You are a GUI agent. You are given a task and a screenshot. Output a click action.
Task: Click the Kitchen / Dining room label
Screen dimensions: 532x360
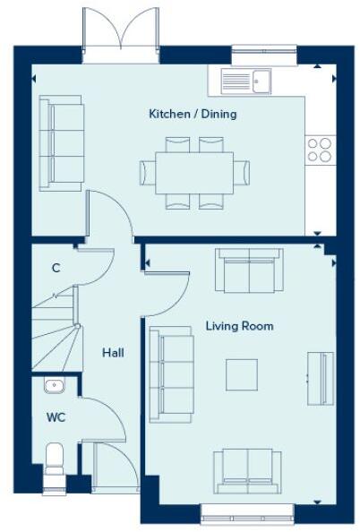(193, 115)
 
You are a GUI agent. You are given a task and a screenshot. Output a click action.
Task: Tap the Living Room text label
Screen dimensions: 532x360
(239, 326)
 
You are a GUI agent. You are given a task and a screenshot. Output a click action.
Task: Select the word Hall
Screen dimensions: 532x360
(113, 353)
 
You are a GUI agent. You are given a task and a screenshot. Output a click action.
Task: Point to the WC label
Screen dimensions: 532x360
(56, 417)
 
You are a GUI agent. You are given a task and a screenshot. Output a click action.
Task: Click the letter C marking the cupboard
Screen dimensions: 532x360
(56, 268)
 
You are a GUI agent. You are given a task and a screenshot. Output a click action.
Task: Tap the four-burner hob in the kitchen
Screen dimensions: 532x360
(318, 150)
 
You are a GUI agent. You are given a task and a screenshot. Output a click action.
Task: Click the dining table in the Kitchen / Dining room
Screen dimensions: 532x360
(193, 172)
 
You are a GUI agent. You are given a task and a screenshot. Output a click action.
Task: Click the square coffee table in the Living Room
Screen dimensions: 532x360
(241, 374)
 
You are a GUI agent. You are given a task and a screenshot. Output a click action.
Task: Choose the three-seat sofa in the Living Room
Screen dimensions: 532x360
(171, 374)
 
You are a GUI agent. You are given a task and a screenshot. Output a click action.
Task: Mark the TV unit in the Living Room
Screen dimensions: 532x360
(320, 377)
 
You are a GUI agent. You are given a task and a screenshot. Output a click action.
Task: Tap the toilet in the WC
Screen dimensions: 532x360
(55, 460)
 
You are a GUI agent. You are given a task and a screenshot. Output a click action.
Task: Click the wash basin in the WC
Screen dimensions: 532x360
(54, 386)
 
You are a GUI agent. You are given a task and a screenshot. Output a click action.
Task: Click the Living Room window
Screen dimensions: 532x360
(246, 513)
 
